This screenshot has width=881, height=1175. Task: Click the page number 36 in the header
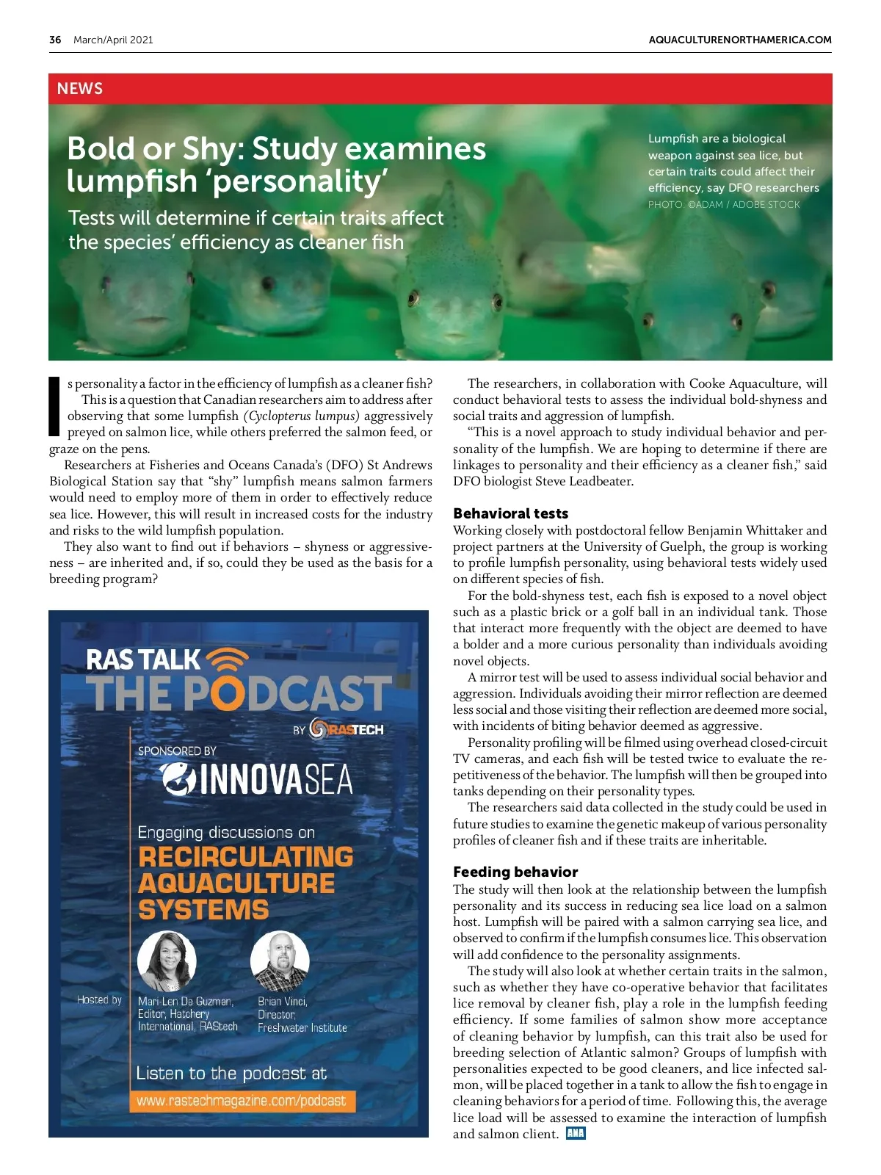55,40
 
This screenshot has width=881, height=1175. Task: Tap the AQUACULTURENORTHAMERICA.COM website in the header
740,40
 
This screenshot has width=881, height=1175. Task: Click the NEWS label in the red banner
80,89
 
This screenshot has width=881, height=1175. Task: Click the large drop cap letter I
54,406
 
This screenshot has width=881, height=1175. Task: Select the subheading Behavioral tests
510,513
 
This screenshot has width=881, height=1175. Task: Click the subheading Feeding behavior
515,872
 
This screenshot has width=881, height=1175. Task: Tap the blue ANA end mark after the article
576,1133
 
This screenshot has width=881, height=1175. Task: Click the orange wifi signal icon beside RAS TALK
228,659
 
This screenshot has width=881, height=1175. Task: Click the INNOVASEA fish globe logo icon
177,779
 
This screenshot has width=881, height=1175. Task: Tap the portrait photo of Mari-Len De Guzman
167,961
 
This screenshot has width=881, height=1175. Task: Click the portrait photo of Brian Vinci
280,961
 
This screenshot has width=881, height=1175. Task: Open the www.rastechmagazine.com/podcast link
241,1101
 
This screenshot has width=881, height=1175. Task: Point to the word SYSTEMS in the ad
203,910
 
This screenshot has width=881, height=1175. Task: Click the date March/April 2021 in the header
113,40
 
